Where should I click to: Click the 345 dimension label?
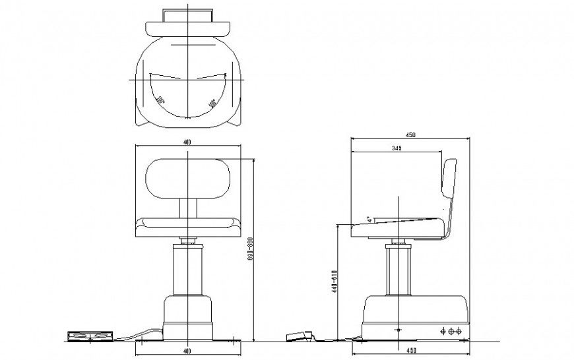[x=396, y=148]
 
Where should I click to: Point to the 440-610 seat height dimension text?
[x=335, y=282]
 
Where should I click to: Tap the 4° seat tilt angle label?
[x=371, y=218]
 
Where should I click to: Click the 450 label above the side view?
[x=410, y=135]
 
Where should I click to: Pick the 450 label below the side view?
[x=410, y=350]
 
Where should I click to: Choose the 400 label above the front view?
[x=189, y=142]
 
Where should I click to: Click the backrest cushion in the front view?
[x=188, y=179]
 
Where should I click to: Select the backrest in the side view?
[x=450, y=178]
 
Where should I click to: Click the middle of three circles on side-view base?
[x=451, y=332]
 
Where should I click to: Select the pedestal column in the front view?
[x=188, y=270]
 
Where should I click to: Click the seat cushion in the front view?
[x=188, y=226]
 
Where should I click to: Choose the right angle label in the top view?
[x=212, y=104]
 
